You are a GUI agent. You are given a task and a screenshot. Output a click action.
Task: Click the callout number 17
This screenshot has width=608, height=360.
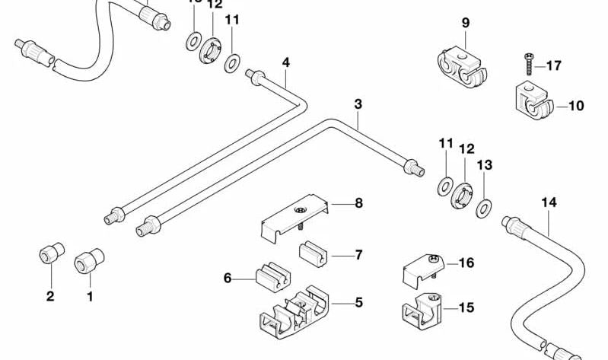point(553,66)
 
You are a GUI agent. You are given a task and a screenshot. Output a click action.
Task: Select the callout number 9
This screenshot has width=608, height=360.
point(466,24)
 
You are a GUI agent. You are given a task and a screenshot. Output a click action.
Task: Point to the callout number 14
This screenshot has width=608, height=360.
point(549,202)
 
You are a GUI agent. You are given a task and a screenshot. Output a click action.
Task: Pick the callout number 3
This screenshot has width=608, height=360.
point(358,104)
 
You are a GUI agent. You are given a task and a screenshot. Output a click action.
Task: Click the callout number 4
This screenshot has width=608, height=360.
point(285,62)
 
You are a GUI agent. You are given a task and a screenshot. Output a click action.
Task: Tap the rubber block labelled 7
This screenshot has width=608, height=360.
point(311,254)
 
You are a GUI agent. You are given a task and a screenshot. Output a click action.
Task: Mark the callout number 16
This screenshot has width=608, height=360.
point(466,263)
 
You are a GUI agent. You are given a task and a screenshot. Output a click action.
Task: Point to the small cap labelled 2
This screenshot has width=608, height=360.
point(50,255)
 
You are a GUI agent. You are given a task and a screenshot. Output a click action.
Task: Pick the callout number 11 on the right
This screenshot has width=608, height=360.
point(446,143)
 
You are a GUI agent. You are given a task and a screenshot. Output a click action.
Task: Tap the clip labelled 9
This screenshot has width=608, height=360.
point(461,67)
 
